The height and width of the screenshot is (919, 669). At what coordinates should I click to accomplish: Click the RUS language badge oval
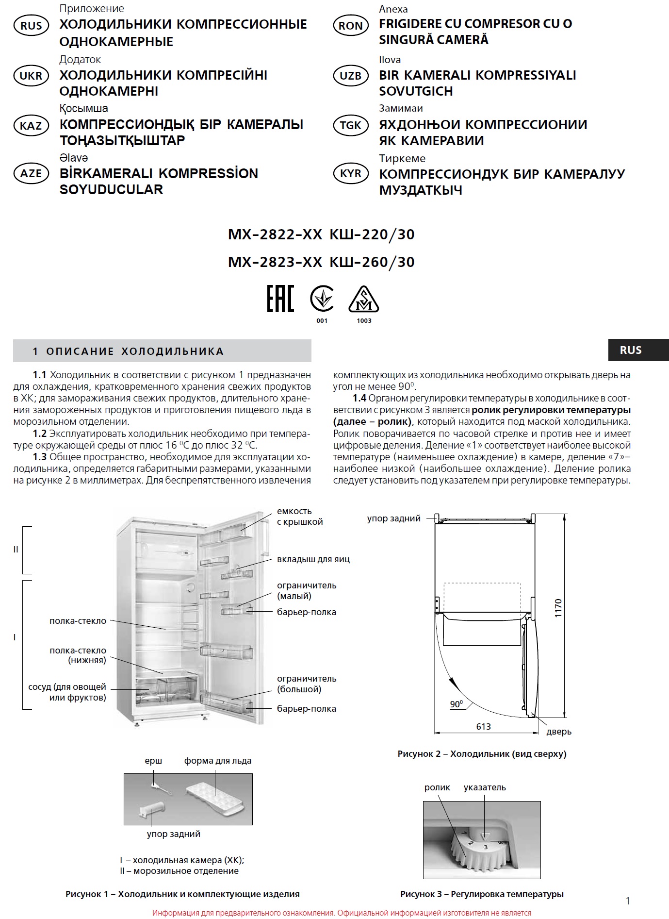tap(31, 26)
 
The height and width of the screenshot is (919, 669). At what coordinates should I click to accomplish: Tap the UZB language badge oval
tap(350, 76)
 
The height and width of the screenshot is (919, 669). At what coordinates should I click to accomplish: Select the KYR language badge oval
tap(350, 174)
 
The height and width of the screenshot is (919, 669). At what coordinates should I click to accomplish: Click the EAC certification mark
tap(280, 299)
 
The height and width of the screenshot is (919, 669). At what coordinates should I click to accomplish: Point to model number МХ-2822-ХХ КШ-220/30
tap(321, 234)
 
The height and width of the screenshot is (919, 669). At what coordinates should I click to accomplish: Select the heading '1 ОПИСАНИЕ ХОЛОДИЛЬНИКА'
tap(128, 351)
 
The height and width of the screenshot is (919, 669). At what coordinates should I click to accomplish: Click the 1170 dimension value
tap(558, 608)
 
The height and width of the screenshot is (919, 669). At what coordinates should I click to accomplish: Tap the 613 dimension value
tap(484, 727)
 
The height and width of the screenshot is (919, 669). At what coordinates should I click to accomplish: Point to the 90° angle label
tap(456, 704)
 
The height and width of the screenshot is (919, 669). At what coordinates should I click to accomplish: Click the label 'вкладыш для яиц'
tap(313, 559)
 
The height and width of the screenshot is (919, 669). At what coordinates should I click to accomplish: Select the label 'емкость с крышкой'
tap(299, 517)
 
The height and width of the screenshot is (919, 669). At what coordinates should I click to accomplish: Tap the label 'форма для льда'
tap(217, 761)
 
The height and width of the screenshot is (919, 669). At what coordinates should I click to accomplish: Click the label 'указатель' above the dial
tap(484, 787)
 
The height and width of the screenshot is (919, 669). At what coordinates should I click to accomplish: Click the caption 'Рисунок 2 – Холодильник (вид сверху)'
tap(482, 754)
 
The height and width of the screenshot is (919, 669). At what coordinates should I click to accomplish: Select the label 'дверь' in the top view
tap(559, 731)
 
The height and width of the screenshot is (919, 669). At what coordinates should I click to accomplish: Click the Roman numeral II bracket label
tap(16, 550)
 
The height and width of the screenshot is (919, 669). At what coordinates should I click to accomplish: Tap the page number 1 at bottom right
tap(628, 901)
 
